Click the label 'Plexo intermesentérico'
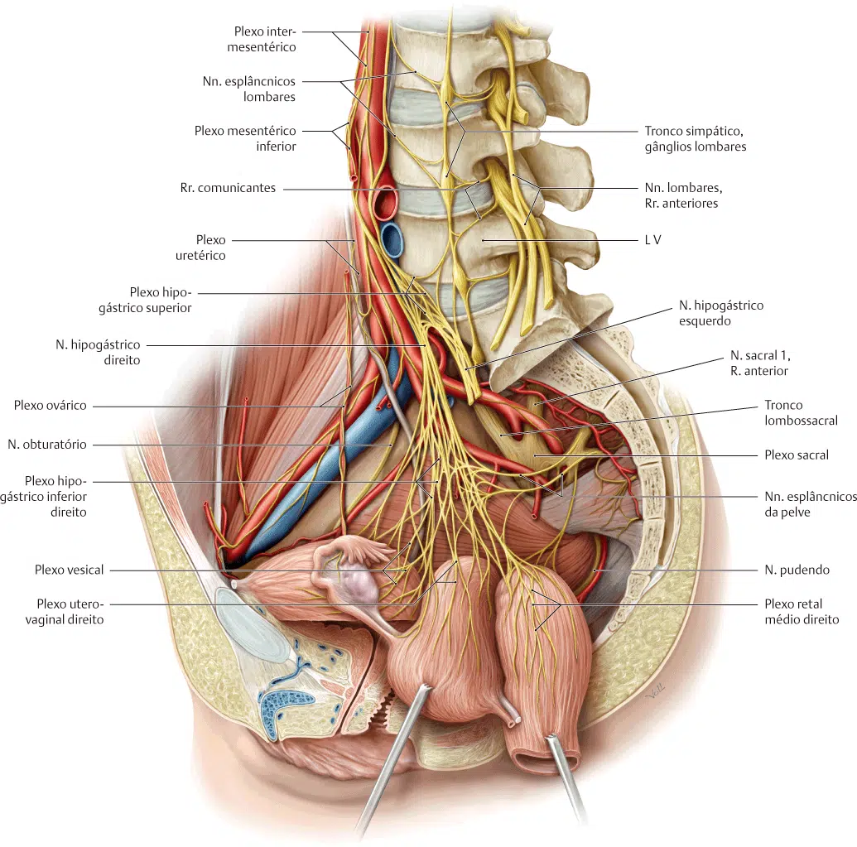pyautogui.click(x=262, y=40)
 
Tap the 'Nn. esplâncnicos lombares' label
pyautogui.click(x=249, y=89)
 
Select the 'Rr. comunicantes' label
pyautogui.click(x=228, y=188)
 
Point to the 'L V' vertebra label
pyautogui.click(x=652, y=240)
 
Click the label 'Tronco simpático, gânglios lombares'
pyautogui.click(x=696, y=139)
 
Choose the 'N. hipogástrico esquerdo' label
pyautogui.click(x=721, y=313)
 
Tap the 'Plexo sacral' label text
pyautogui.click(x=797, y=455)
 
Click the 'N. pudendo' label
pyautogui.click(x=797, y=570)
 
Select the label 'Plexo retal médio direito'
pyautogui.click(x=802, y=612)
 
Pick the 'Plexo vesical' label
pyautogui.click(x=69, y=570)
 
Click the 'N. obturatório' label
pyautogui.click(x=47, y=445)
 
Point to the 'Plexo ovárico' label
pyautogui.click(x=51, y=406)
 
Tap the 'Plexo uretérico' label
pyautogui.click(x=200, y=248)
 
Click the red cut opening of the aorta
pyautogui.click(x=386, y=202)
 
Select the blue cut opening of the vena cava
pyautogui.click(x=392, y=239)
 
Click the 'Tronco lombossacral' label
pyautogui.click(x=801, y=412)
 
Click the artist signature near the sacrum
pyautogui.click(x=655, y=692)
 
